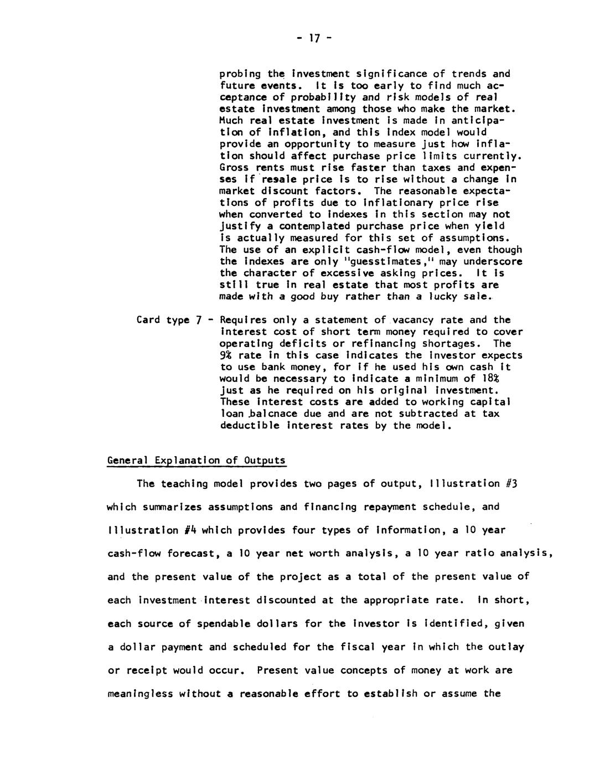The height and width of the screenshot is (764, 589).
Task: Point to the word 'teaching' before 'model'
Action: coord(184,484)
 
